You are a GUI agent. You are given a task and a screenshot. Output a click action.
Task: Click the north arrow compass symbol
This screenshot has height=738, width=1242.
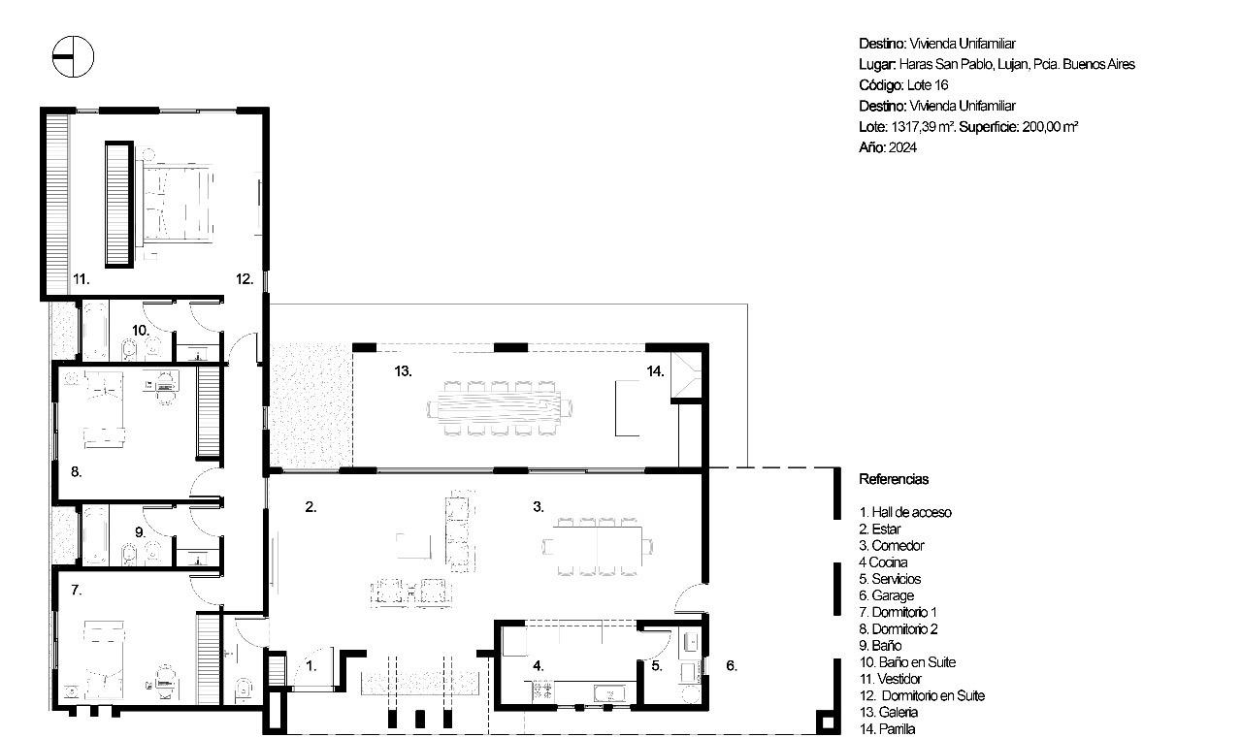click(73, 56)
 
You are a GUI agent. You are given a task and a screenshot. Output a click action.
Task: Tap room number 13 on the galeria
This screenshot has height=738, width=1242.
click(403, 371)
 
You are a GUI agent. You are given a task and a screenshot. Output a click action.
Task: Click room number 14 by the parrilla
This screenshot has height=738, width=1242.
click(655, 371)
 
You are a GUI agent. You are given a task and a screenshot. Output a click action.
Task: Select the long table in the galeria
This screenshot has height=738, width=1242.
click(499, 407)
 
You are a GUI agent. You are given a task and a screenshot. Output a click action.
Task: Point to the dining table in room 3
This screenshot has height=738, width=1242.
click(597, 546)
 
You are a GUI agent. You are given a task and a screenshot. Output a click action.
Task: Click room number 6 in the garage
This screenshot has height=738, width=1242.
click(732, 665)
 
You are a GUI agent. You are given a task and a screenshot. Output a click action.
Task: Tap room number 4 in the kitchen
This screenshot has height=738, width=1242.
click(538, 665)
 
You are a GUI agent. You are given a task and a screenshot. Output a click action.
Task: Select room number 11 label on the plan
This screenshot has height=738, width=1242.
click(81, 278)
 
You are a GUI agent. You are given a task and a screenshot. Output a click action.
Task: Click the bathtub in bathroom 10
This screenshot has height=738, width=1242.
click(95, 331)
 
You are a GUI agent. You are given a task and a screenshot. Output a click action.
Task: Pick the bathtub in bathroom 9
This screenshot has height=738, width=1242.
click(95, 535)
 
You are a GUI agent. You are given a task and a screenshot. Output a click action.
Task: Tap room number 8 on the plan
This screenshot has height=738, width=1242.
click(76, 471)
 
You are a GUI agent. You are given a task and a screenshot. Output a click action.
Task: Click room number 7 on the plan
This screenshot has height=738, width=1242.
click(77, 590)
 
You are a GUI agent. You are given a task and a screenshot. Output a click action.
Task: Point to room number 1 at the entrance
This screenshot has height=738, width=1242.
click(311, 666)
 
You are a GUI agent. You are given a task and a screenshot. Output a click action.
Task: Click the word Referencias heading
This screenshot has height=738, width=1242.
click(894, 479)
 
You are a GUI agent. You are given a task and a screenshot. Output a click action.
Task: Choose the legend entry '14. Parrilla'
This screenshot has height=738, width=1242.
click(887, 729)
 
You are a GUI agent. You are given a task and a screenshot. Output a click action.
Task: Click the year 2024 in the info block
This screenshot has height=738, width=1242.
click(902, 147)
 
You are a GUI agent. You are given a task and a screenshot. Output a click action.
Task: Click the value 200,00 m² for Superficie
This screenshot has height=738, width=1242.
click(1050, 127)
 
